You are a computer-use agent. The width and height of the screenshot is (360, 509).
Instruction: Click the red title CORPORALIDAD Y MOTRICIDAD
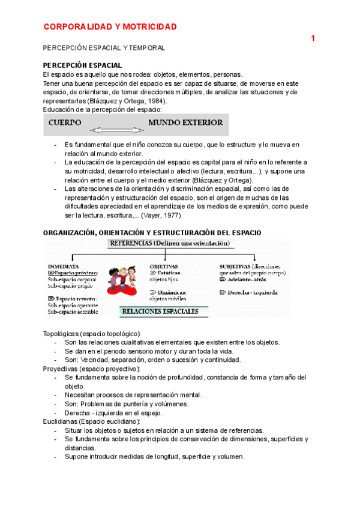[110, 27]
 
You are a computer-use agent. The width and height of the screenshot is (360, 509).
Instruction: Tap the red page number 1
[313, 39]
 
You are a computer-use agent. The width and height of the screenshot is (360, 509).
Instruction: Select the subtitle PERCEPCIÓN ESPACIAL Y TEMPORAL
[104, 47]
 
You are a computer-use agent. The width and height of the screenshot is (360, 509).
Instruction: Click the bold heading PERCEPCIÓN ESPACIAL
[83, 65]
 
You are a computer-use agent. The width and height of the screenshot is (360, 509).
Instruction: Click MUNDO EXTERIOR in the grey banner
[185, 122]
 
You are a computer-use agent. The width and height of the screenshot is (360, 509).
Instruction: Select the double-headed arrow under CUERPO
[116, 130]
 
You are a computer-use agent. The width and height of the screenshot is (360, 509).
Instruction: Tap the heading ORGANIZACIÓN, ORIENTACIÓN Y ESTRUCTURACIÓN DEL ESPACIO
[153, 232]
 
